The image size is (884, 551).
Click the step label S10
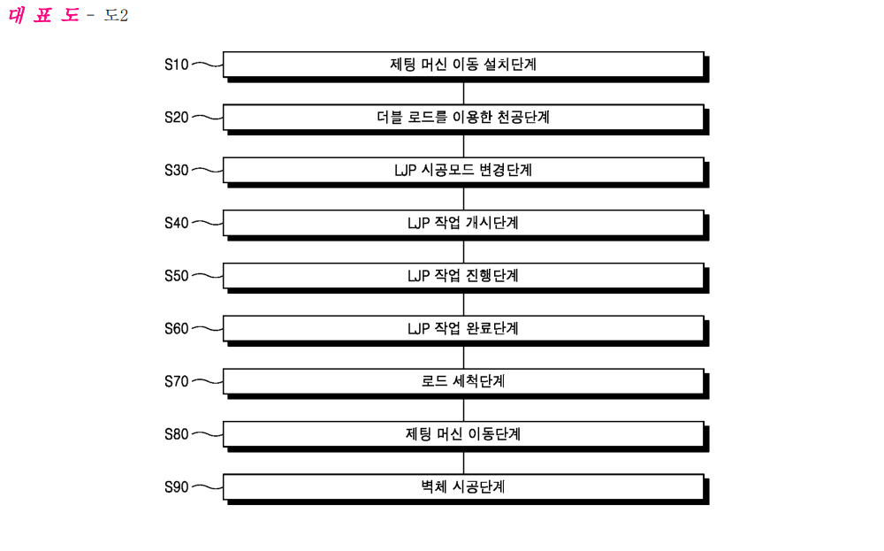(177, 65)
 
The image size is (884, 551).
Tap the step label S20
(177, 118)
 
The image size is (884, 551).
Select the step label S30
(177, 171)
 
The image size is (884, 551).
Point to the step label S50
(177, 276)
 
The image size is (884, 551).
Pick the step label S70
(177, 382)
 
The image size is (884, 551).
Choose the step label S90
(177, 487)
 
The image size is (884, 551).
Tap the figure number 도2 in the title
(116, 15)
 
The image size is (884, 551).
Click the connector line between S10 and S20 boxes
(463, 94)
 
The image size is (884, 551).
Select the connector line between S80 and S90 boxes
(463, 463)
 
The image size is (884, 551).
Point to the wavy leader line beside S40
(207, 224)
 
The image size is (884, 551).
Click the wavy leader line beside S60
(207, 329)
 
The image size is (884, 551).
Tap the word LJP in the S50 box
(418, 276)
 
